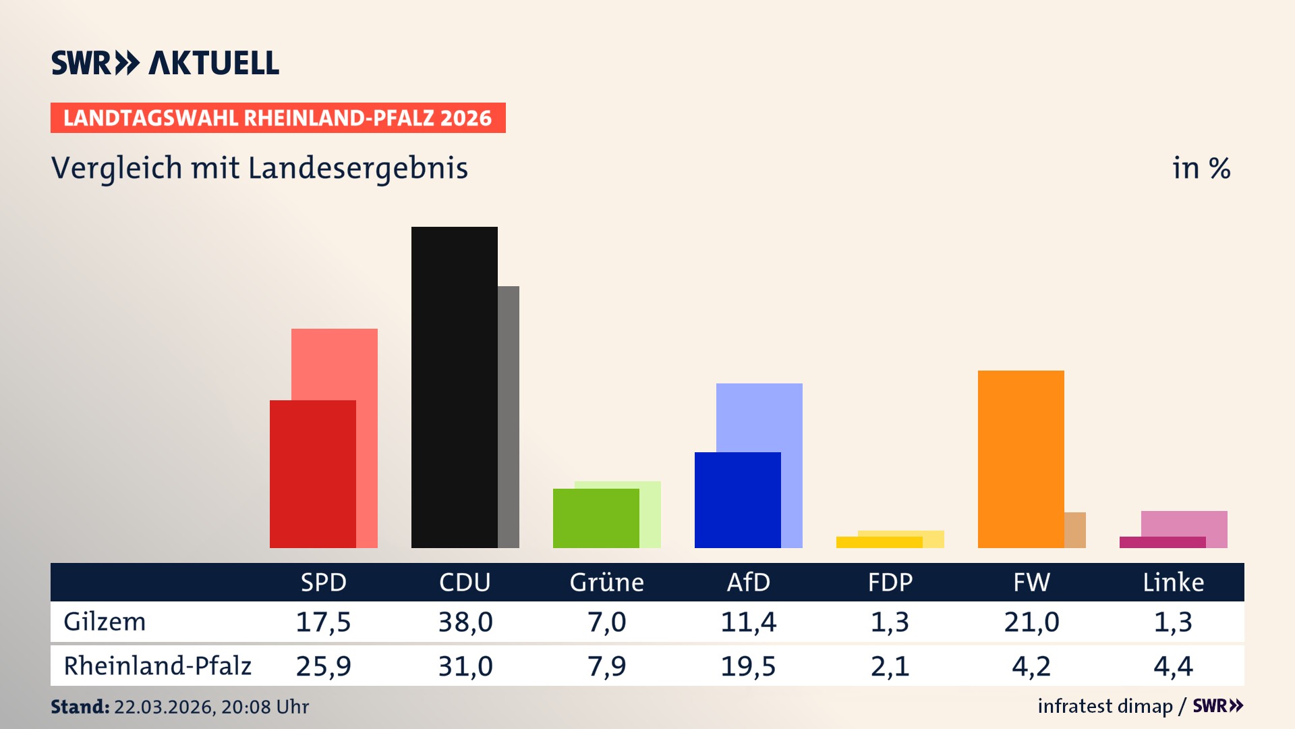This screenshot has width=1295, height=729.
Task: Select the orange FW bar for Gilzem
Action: [x=1020, y=459]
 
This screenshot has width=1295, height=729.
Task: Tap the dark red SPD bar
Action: [x=312, y=474]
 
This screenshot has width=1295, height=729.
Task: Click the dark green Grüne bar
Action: [x=596, y=518]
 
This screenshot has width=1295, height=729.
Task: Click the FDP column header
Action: [x=890, y=582]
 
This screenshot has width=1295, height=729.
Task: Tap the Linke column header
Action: [x=1173, y=582]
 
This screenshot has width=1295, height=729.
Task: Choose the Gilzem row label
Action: [x=105, y=622]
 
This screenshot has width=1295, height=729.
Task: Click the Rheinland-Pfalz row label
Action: [x=157, y=666]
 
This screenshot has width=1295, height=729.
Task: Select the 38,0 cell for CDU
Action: [x=465, y=622]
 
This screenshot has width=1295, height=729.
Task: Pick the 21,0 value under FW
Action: [x=1031, y=622]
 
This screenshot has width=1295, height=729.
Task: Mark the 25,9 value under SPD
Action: [x=323, y=666]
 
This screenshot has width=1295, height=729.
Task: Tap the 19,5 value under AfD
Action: [x=748, y=666]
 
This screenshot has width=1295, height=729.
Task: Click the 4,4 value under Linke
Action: [x=1173, y=666]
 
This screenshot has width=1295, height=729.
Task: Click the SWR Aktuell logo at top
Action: [x=165, y=63]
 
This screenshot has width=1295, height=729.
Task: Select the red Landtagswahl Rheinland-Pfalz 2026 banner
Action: [x=277, y=118]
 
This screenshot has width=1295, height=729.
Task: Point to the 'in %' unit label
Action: [x=1201, y=168]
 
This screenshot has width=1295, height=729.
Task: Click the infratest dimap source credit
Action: [x=1105, y=706]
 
